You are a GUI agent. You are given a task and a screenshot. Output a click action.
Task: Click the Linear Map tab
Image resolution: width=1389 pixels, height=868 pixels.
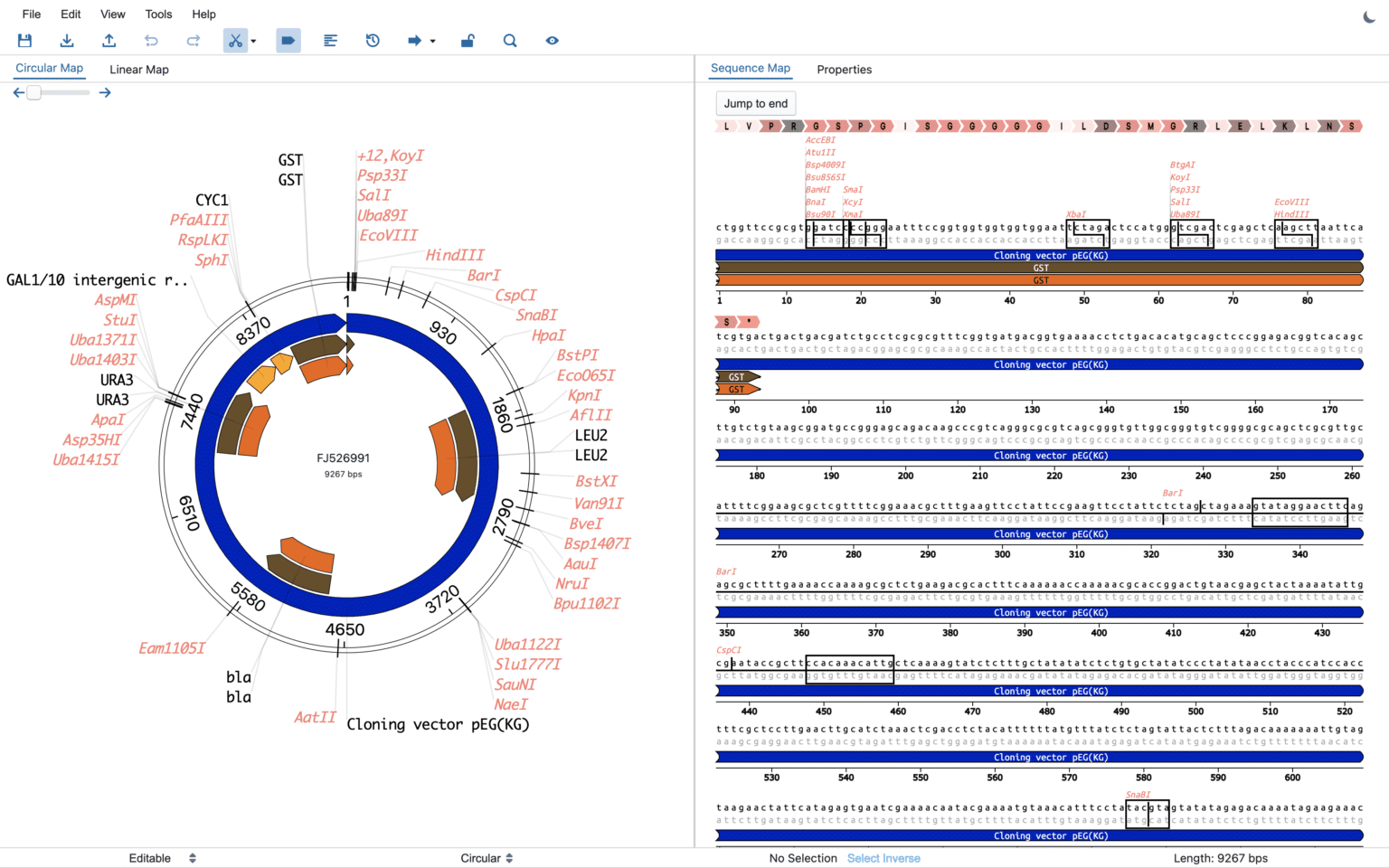pos(138,70)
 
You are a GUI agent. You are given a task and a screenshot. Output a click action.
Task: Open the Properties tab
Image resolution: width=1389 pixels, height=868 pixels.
pos(844,70)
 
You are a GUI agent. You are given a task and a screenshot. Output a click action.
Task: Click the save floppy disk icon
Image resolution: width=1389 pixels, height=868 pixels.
pos(24,41)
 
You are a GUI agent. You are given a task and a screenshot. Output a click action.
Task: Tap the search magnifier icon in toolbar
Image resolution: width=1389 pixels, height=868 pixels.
pos(510,41)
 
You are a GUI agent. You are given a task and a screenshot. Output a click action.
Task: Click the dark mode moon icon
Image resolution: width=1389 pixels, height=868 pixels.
pos(1369,16)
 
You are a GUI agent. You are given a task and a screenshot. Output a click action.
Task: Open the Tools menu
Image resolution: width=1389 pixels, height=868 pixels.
pos(158,14)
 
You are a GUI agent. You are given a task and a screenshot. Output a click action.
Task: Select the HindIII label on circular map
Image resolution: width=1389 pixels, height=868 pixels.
pos(455,255)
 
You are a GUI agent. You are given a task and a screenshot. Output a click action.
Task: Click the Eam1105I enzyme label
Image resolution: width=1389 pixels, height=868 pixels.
pos(172,648)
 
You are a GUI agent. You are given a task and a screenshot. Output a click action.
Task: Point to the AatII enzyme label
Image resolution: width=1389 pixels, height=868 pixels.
pos(315,717)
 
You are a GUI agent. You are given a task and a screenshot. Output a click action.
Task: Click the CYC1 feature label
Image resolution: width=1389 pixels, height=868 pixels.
pos(212,200)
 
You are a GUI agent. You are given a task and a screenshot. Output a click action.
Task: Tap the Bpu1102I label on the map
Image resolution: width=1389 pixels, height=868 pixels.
pos(587,603)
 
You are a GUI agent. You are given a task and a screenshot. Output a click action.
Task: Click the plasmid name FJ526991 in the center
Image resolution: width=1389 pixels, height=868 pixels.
pos(343,458)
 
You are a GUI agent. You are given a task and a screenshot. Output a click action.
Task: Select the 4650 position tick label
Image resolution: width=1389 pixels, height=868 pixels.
pos(345,629)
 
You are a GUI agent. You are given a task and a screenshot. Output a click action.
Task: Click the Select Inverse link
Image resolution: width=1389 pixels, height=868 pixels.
pos(883,858)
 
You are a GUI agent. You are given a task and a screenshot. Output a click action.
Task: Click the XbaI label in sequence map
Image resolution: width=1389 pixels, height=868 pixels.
pos(1075,215)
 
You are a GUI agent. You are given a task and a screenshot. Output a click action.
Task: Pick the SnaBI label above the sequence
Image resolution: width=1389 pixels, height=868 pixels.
pos(1138,795)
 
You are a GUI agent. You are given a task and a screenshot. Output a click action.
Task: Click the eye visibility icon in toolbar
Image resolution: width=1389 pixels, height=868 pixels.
pos(552,41)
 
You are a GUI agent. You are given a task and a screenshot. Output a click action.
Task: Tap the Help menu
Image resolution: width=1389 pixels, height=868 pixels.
pos(203,14)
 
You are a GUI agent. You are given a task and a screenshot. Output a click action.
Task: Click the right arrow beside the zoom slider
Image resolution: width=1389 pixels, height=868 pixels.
pos(105,93)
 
